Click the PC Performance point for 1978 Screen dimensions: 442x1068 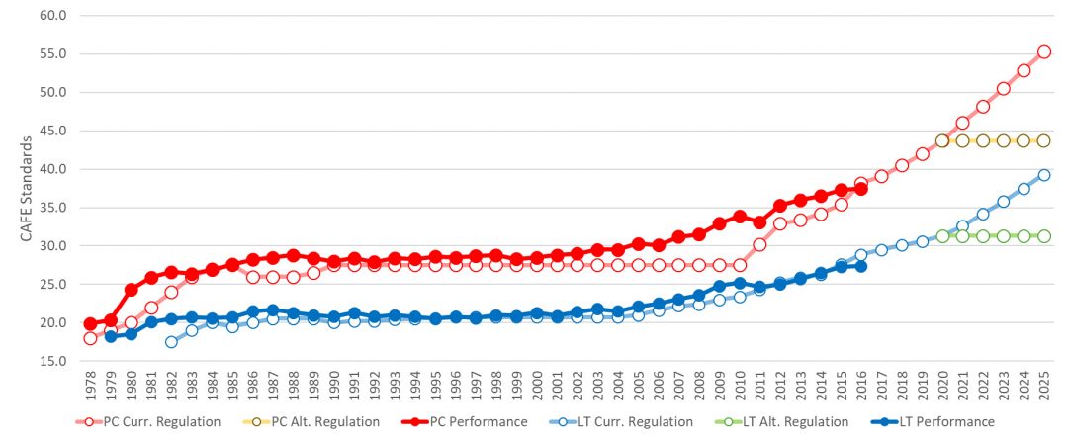(x=90, y=323)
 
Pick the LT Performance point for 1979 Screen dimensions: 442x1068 (x=111, y=337)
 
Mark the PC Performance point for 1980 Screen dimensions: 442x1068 (x=131, y=290)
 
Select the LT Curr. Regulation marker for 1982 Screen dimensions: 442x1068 (x=171, y=342)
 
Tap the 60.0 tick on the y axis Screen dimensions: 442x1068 (x=52, y=16)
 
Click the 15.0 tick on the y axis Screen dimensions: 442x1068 (x=52, y=361)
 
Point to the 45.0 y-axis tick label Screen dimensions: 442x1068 (x=52, y=131)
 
